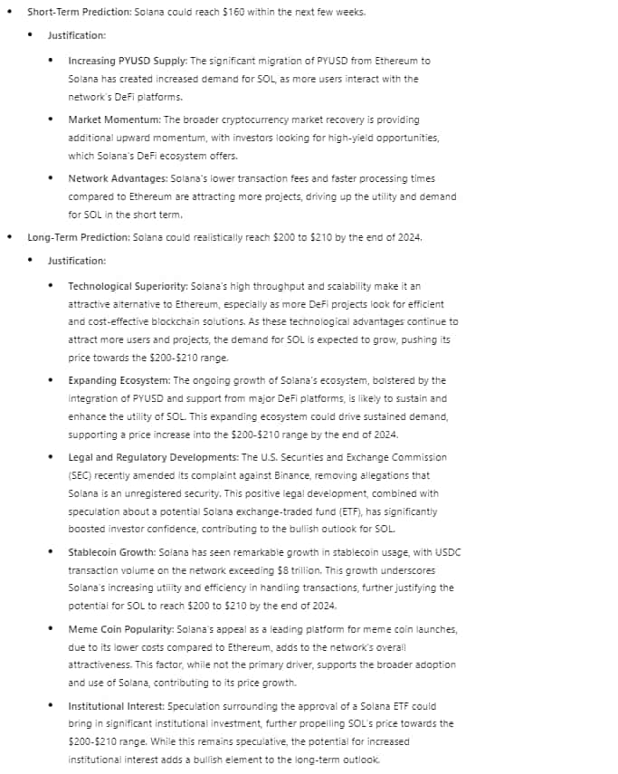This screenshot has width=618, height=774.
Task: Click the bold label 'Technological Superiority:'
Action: click(x=129, y=285)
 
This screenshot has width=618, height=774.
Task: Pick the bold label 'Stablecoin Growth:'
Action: click(x=112, y=551)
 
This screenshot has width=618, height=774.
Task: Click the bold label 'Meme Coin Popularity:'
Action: click(x=122, y=628)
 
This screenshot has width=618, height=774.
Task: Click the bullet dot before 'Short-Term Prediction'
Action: click(x=9, y=12)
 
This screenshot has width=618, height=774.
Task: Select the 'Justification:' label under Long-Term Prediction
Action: click(x=77, y=261)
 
